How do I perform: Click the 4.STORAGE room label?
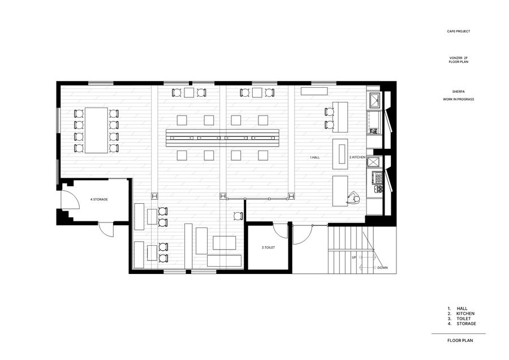click(99, 199)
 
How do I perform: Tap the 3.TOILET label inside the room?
click(268, 247)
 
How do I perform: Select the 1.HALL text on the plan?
click(314, 157)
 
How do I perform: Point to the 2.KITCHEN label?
click(357, 157)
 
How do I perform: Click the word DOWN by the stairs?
click(382, 268)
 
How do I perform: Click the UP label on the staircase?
click(354, 258)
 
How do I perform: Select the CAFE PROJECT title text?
click(458, 31)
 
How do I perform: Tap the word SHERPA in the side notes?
click(458, 92)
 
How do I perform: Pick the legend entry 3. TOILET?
click(459, 319)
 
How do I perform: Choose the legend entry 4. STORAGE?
click(461, 324)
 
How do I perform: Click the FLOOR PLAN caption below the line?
click(460, 341)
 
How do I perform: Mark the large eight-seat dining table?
click(96, 130)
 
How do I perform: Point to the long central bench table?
click(222, 138)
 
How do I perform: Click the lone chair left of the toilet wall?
click(238, 216)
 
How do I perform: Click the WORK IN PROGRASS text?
click(458, 99)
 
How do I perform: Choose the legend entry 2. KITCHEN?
click(460, 314)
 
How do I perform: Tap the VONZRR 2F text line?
click(458, 58)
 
